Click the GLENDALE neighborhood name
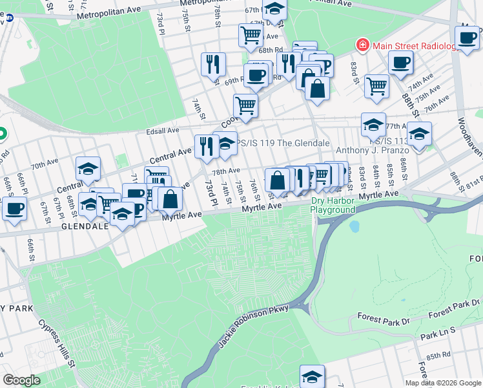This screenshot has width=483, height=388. pyautogui.click(x=86, y=226)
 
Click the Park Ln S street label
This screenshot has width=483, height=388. pyautogui.click(x=438, y=336)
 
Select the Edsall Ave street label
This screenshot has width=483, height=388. pyautogui.click(x=164, y=131)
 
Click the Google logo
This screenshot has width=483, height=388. pyautogui.click(x=21, y=380)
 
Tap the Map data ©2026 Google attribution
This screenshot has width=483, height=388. pyautogui.click(x=442, y=383)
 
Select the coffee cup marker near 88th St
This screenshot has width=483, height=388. pyautogui.click(x=401, y=63)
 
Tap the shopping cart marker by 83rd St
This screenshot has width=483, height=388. pyautogui.click(x=376, y=85)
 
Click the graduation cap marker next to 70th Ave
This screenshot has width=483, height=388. pyautogui.click(x=88, y=169)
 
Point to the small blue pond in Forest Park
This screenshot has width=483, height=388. pyautogui.click(x=354, y=227)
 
